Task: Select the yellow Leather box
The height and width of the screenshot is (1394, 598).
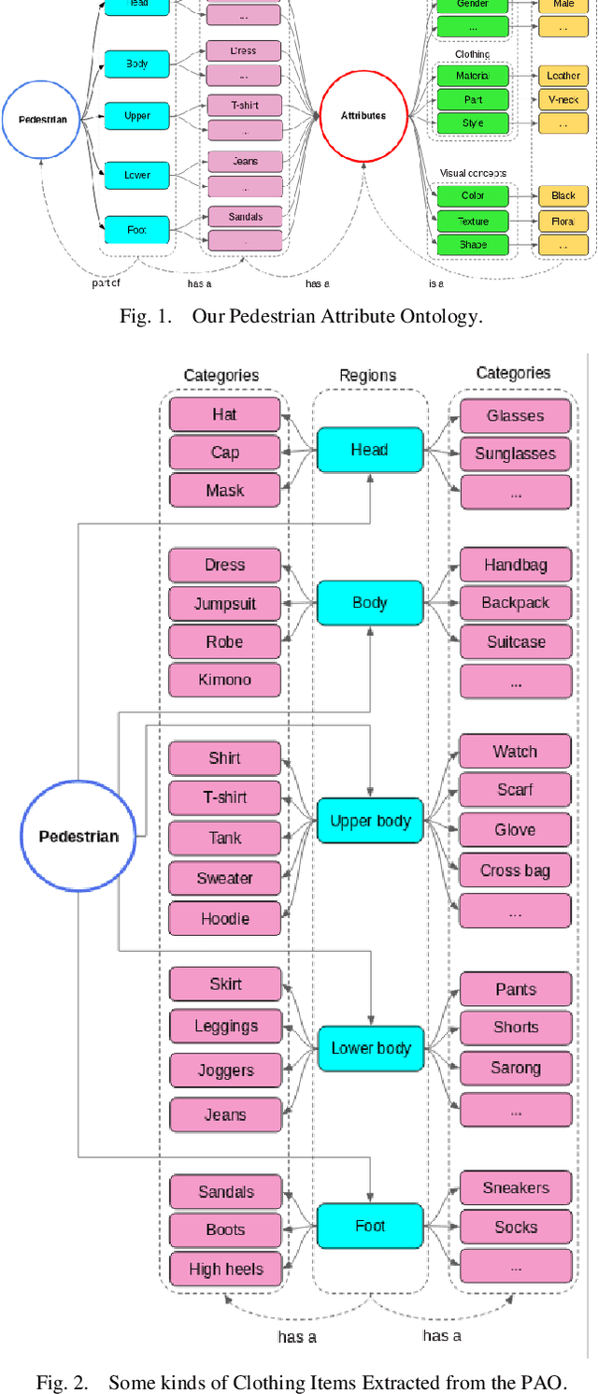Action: point(562,75)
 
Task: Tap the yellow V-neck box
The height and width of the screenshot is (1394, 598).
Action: point(562,98)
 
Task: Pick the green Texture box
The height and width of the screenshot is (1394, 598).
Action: point(473,221)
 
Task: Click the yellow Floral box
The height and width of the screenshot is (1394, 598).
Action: point(562,221)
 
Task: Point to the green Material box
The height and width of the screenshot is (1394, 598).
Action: point(473,75)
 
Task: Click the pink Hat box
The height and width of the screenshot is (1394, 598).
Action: point(224,414)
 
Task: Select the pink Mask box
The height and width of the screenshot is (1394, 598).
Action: point(224,490)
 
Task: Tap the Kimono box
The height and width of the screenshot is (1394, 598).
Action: point(224,680)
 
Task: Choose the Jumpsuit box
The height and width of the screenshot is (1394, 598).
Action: point(224,603)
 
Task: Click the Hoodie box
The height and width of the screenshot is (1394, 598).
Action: point(224,918)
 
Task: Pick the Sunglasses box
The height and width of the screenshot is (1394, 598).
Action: point(515,453)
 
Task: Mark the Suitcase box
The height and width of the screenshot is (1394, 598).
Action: point(515,642)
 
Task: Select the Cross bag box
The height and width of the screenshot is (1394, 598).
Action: point(515,870)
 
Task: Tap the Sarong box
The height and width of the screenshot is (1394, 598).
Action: point(515,1068)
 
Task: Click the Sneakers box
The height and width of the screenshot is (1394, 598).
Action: point(515,1187)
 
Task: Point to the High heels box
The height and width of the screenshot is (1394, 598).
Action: point(225,1269)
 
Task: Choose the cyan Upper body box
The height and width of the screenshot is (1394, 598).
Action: point(370,821)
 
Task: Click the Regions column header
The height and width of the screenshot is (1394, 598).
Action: point(368,375)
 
